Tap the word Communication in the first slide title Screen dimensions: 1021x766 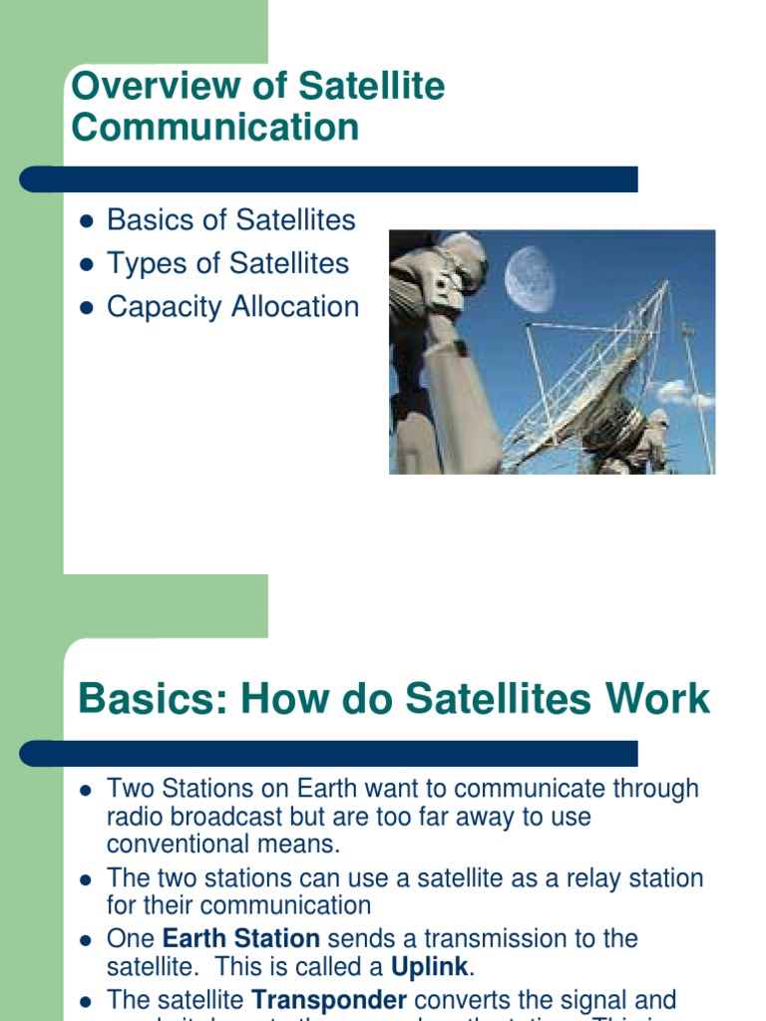(x=214, y=128)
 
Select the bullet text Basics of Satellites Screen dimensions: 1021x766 (x=230, y=219)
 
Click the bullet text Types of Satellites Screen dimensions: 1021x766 (x=227, y=263)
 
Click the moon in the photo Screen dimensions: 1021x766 (x=530, y=278)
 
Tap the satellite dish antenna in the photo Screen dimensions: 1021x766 (x=588, y=379)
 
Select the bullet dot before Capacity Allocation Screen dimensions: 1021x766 (x=86, y=308)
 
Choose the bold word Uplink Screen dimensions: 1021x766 (x=429, y=966)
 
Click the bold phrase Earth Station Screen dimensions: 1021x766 (x=240, y=938)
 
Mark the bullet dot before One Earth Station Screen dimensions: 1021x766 (x=86, y=939)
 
